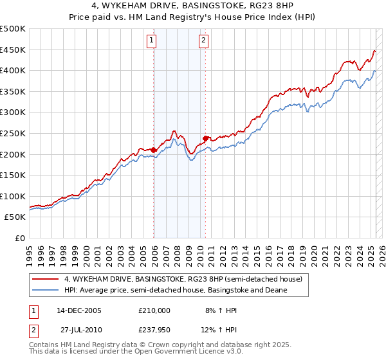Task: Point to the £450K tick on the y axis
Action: point(14,50)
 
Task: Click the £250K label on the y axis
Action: point(14,133)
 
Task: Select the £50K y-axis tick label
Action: point(16,217)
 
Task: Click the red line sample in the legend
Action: point(46,279)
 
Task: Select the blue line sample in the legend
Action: point(46,290)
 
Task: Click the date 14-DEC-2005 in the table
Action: point(78,310)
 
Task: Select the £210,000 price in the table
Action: point(154,310)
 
